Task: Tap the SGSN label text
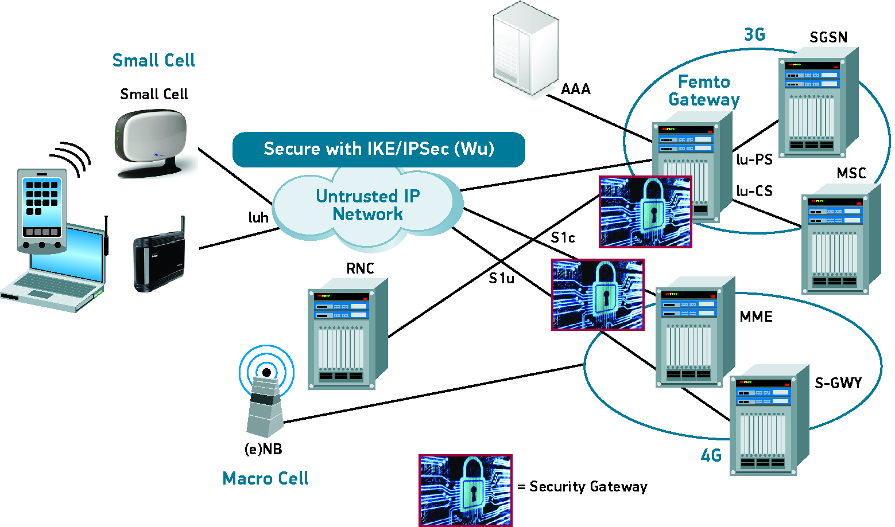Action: coord(828,37)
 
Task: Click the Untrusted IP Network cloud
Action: coord(367,206)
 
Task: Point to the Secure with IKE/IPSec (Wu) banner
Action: coord(379,149)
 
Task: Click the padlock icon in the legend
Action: coord(465,490)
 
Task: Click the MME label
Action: coord(755,317)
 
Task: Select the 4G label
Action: coord(711,456)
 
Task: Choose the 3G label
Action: coord(754,35)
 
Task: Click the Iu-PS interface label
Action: coord(754,159)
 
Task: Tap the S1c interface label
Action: coord(563,237)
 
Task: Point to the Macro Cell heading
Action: coord(265,478)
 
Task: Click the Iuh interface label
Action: coord(258,217)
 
